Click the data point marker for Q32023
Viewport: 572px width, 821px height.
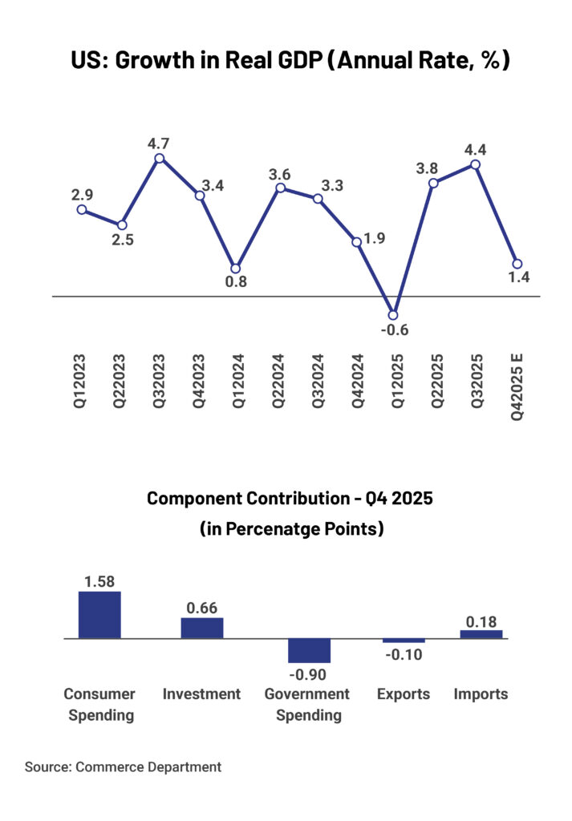tap(160, 158)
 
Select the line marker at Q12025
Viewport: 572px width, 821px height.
tap(393, 314)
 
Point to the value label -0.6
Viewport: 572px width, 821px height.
tap(393, 330)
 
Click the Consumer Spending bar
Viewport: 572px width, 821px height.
tap(99, 615)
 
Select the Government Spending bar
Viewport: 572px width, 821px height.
tap(310, 650)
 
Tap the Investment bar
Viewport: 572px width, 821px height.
tap(202, 628)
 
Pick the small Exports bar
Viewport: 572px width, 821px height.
tap(404, 641)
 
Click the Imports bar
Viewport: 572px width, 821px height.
tap(481, 634)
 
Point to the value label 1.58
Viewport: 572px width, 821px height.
tap(99, 580)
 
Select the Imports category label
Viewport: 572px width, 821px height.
tap(481, 694)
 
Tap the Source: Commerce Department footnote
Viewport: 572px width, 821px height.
tap(123, 767)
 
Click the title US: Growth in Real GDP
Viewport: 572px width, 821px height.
tap(286, 62)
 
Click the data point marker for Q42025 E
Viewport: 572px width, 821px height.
tap(517, 264)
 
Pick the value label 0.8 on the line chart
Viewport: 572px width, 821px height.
tap(236, 282)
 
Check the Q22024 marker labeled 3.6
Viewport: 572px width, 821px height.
tap(281, 188)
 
